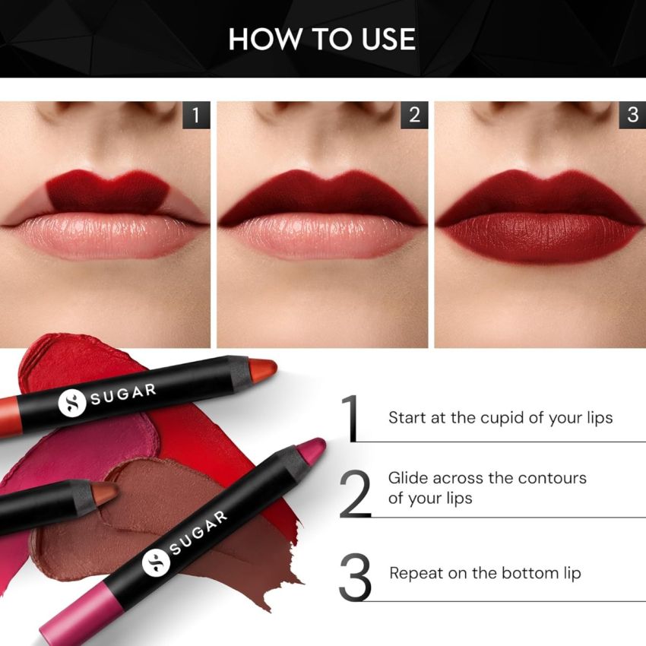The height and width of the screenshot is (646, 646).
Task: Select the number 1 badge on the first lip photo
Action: click(x=196, y=116)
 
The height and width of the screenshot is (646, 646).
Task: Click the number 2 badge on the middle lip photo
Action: click(x=414, y=116)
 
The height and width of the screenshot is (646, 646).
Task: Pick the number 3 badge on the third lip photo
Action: click(x=632, y=116)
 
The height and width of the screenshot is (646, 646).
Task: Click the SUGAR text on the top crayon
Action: click(x=126, y=394)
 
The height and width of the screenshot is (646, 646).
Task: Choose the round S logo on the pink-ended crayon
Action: click(x=156, y=562)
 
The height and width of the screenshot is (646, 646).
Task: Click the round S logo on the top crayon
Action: click(x=71, y=404)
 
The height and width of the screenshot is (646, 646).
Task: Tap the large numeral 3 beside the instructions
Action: click(x=355, y=578)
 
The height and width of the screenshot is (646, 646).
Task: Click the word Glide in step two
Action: click(x=407, y=478)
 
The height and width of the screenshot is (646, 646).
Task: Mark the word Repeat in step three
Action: click(x=415, y=573)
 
